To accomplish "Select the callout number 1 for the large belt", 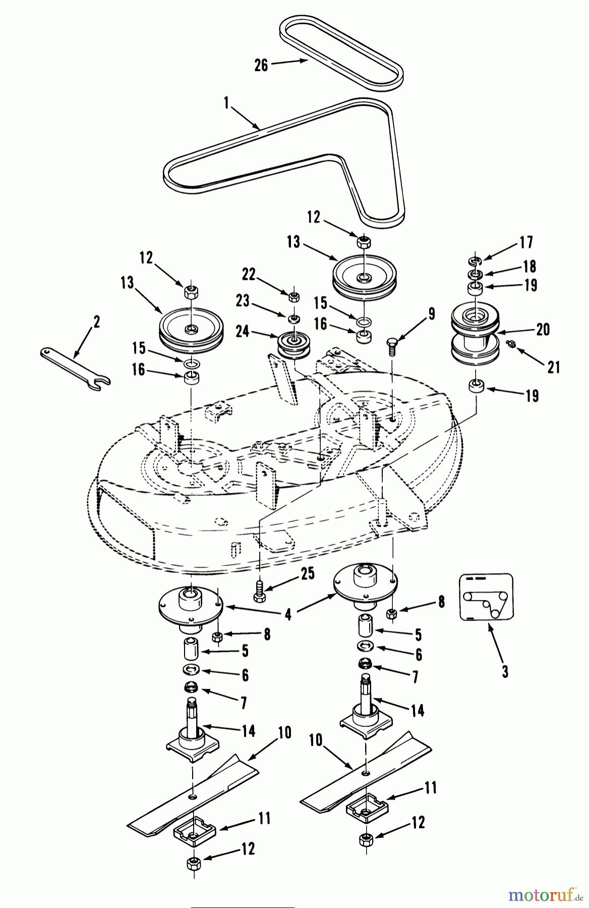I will (x=226, y=103).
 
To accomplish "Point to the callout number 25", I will (x=308, y=574).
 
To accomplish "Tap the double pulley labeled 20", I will (x=474, y=335).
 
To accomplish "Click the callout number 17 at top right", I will (x=526, y=243).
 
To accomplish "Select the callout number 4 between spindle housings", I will (x=288, y=615).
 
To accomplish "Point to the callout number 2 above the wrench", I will (x=96, y=321).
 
